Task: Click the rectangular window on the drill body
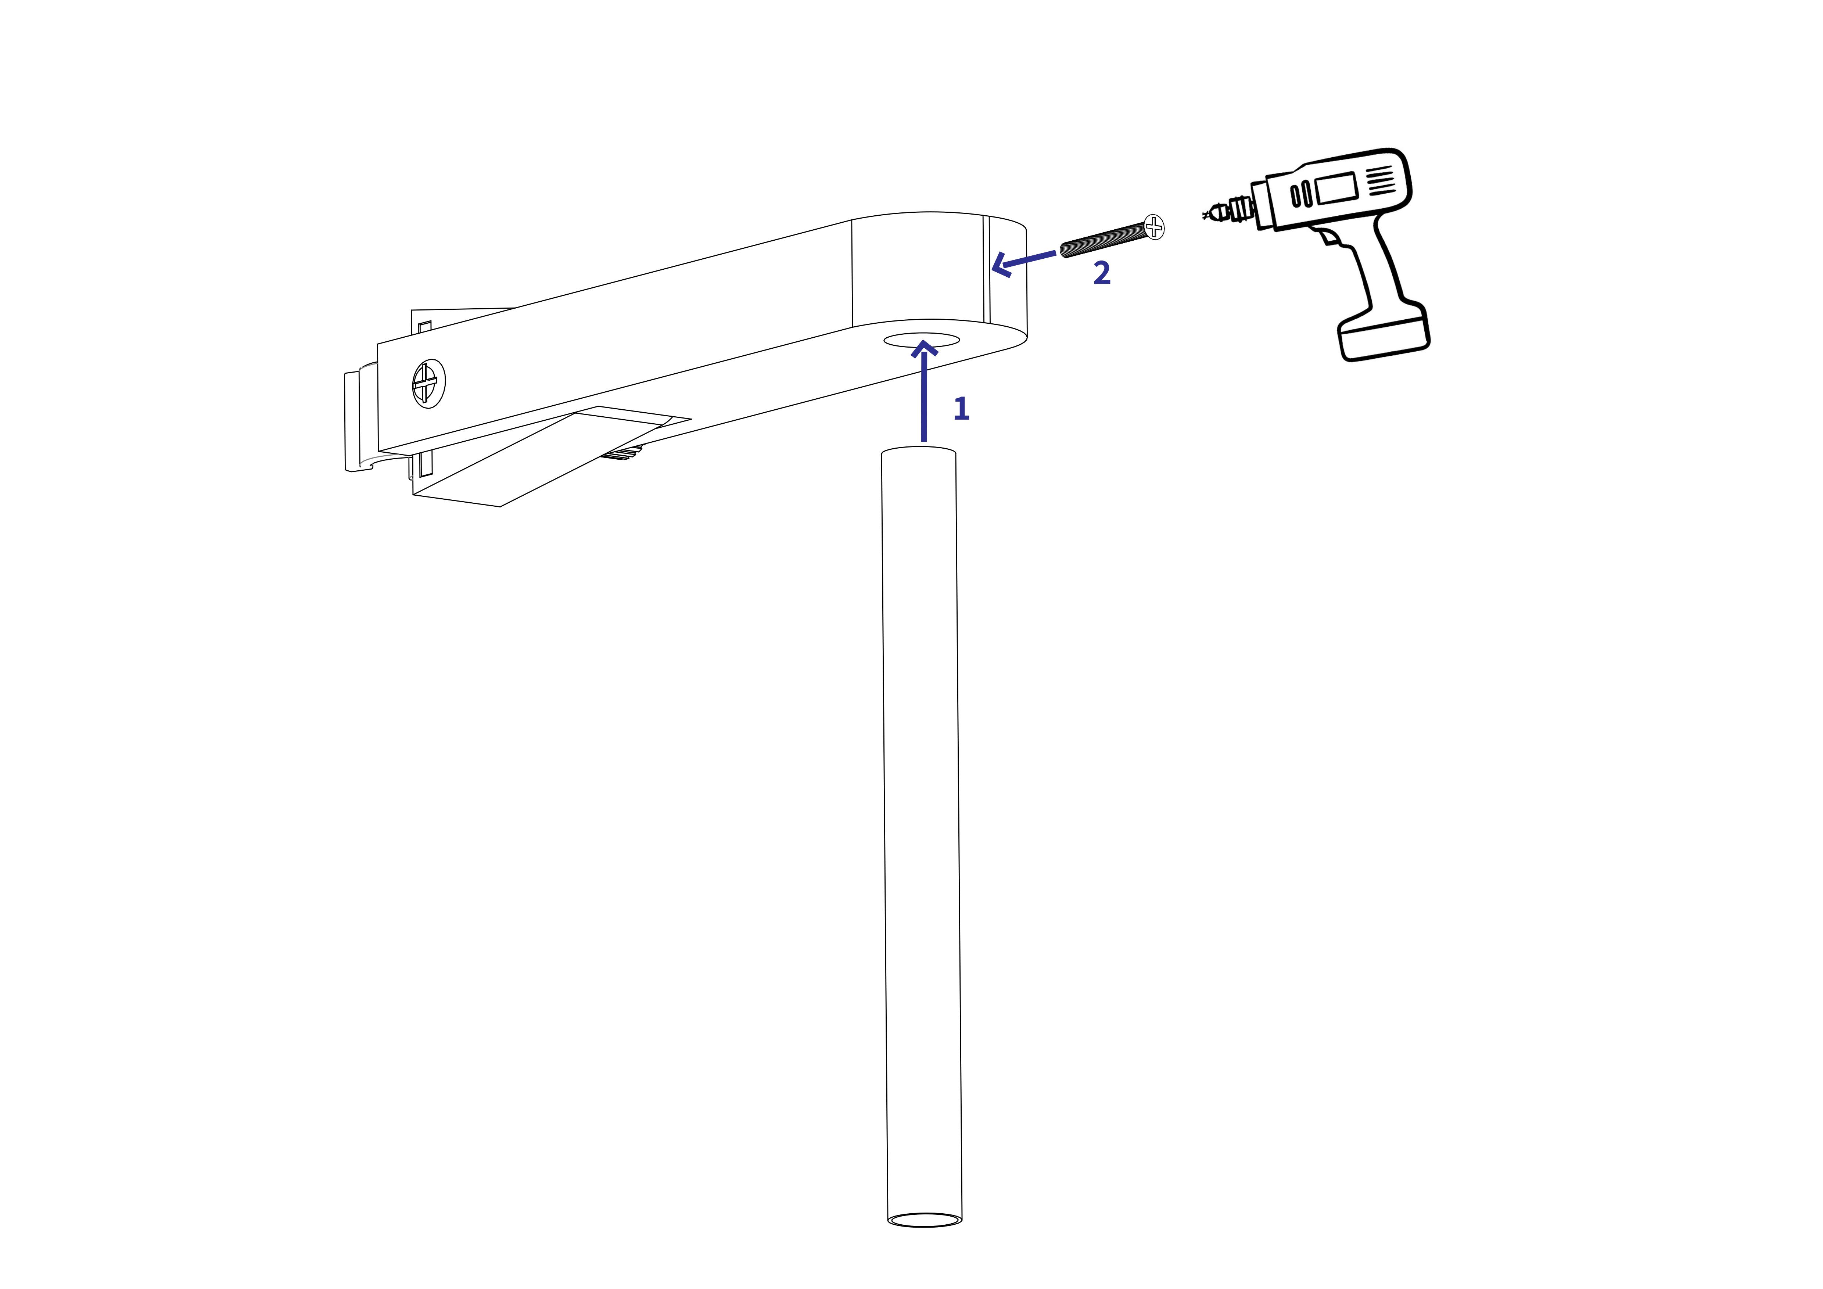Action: pyautogui.click(x=1335, y=188)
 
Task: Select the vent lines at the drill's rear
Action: pyautogui.click(x=1381, y=180)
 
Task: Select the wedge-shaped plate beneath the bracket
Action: pyautogui.click(x=540, y=460)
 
